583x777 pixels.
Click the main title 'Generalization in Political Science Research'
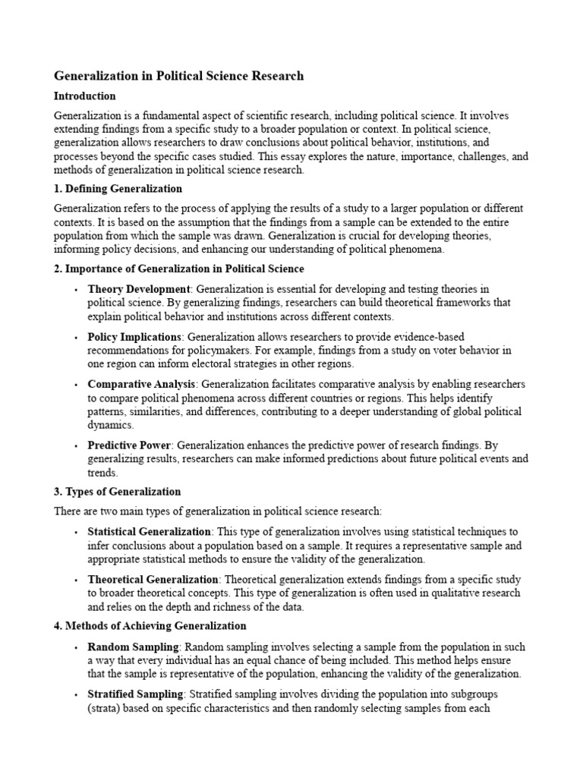179,76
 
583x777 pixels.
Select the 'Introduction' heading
85,96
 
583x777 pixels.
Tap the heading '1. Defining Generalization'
118,188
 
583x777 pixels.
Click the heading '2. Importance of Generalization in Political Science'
179,269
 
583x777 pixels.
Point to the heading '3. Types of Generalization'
118,492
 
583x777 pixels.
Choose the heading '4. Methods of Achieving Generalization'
150,626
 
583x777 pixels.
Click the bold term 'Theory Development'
139,289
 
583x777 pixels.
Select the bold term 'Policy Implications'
135,336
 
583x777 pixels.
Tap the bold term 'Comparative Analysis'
142,384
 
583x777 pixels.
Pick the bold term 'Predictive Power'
129,445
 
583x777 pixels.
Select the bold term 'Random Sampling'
133,646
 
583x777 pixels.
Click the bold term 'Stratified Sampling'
136,694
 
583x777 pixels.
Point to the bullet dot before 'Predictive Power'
76,445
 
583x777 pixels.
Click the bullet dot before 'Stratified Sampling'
76,695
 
